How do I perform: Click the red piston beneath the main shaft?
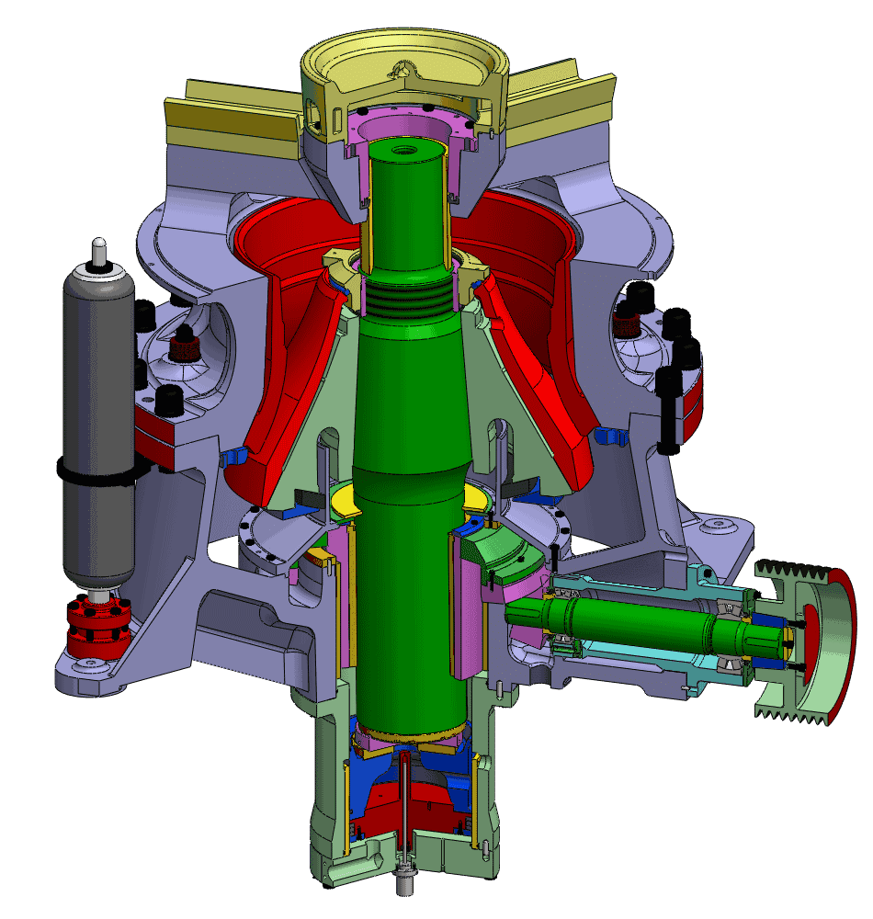[x=432, y=800]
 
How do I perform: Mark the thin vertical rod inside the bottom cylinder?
[x=403, y=800]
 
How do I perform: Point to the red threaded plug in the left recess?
[x=184, y=347]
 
